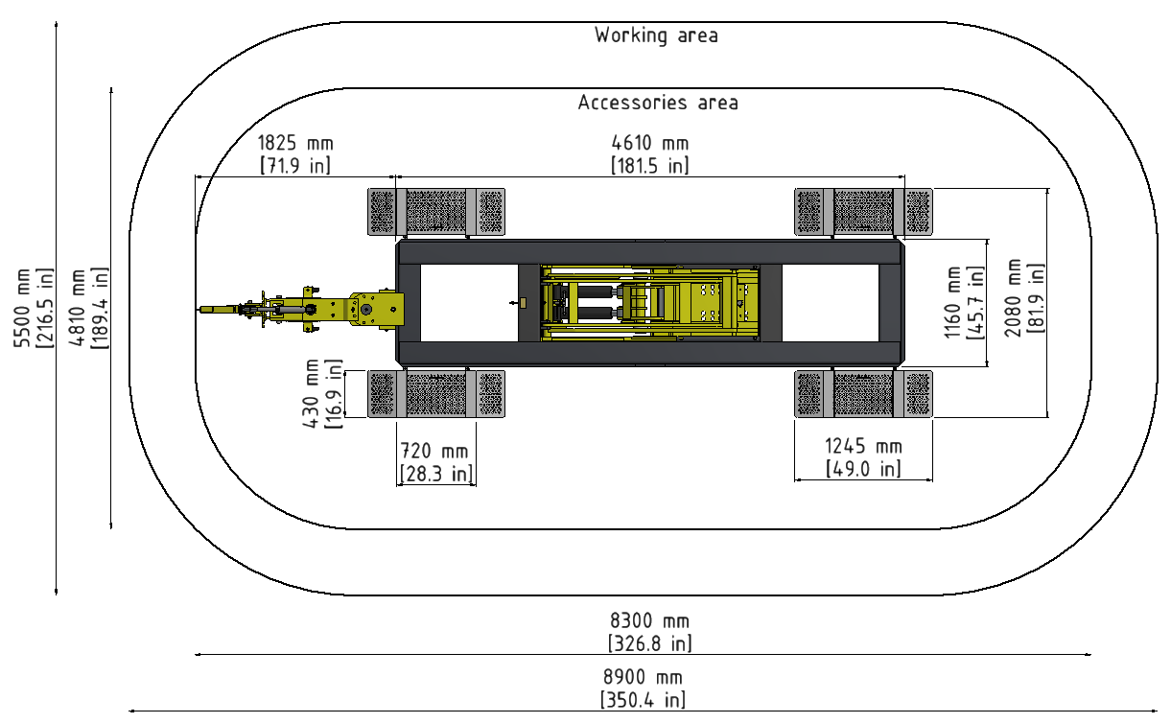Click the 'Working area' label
tap(656, 35)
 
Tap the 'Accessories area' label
tap(658, 102)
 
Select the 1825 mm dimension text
tap(295, 143)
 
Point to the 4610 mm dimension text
tap(650, 143)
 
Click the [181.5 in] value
tap(650, 165)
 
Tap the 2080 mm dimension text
tap(1014, 298)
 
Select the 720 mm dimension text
tap(434, 450)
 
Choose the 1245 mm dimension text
tap(863, 446)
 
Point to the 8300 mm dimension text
tap(650, 621)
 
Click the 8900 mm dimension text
tap(644, 678)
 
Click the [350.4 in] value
tap(644, 700)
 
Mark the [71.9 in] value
tap(295, 165)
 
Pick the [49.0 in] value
tap(863, 468)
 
